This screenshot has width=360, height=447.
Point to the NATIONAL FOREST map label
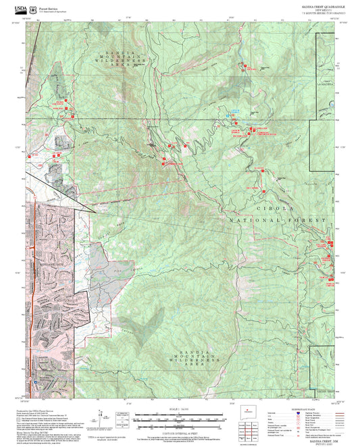tap(277, 221)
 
